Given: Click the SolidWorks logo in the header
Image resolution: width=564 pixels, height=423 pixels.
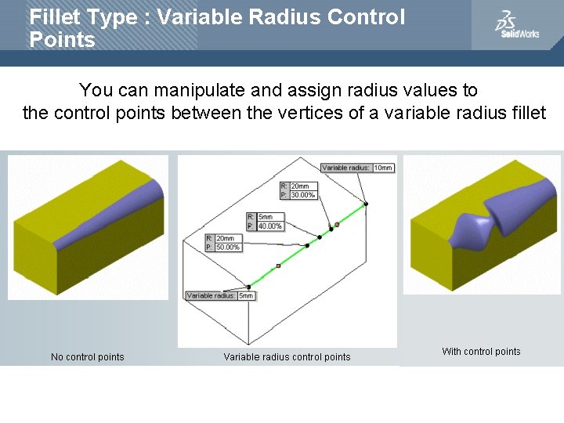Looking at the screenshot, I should tap(516, 25).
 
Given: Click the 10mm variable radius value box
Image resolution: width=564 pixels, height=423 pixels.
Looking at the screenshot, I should tap(383, 168).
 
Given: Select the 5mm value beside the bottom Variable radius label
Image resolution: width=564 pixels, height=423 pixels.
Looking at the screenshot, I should tap(245, 295).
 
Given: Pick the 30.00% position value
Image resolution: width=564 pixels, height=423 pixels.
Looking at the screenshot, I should tap(302, 194).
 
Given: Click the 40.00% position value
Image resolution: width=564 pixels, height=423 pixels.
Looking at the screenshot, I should tap(269, 225).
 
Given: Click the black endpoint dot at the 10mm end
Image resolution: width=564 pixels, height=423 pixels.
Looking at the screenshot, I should tap(366, 204).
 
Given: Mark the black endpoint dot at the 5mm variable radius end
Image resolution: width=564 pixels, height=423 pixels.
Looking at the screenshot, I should tap(248, 286).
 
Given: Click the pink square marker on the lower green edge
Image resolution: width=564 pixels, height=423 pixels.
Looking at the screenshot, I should tap(278, 266).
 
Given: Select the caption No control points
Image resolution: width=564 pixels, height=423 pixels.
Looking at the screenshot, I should tap(87, 357).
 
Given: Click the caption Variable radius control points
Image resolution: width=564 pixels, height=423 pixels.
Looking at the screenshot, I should tap(287, 357).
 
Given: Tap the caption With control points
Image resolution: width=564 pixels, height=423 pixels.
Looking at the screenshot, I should tap(481, 352).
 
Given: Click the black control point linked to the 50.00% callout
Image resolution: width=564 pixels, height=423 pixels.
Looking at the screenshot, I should tap(307, 245).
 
